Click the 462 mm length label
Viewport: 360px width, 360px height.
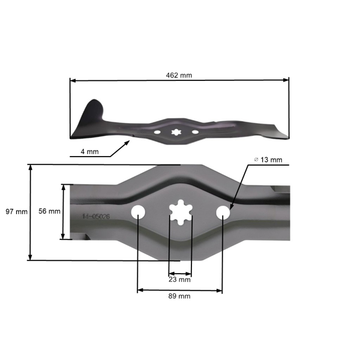[179, 75]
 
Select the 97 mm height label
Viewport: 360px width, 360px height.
[16, 212]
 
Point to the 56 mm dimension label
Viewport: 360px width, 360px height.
[49, 212]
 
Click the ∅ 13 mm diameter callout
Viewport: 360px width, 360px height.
[268, 160]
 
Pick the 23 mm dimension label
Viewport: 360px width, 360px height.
[180, 280]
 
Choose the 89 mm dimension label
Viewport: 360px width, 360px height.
[180, 296]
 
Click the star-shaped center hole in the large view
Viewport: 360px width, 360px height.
[180, 213]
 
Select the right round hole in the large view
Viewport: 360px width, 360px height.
[223, 212]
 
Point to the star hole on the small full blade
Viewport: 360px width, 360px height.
[176, 131]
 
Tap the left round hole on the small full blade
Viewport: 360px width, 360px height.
[157, 132]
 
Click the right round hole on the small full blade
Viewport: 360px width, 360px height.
[195, 131]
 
